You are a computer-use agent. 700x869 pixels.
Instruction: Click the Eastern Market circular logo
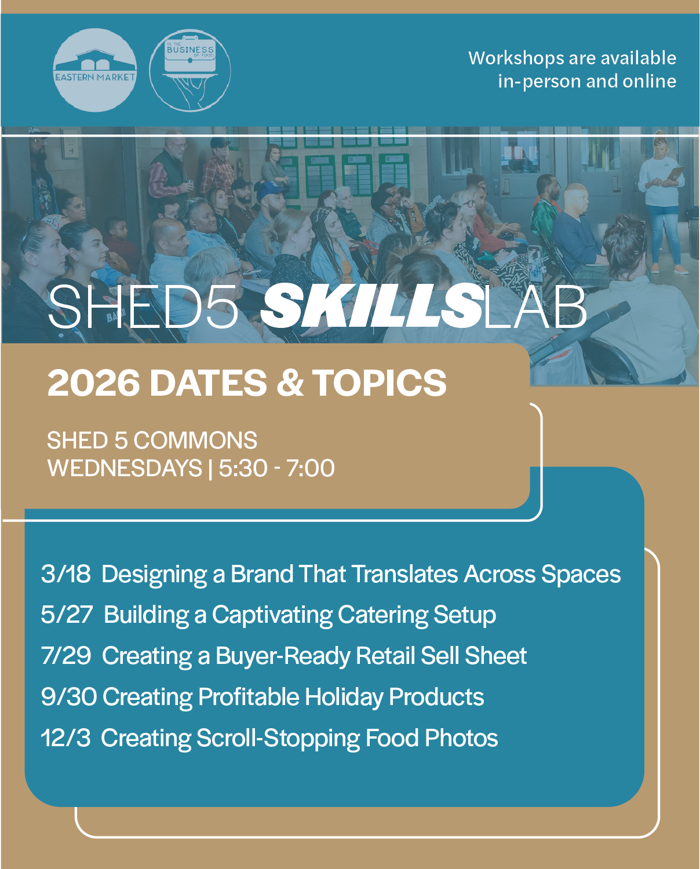pyautogui.click(x=95, y=70)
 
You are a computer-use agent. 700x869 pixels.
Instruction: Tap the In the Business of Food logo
pyautogui.click(x=190, y=70)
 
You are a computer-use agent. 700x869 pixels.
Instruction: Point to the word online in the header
pyautogui.click(x=650, y=82)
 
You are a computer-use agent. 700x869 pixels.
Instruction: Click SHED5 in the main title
pyautogui.click(x=143, y=306)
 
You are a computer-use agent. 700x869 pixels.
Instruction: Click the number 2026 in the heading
pyautogui.click(x=94, y=383)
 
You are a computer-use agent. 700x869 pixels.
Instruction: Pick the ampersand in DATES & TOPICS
pyautogui.click(x=290, y=383)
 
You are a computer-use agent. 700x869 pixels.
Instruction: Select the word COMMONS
pyautogui.click(x=195, y=440)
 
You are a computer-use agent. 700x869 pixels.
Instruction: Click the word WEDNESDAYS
pyautogui.click(x=125, y=469)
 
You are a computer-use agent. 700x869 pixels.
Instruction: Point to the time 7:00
pyautogui.click(x=310, y=469)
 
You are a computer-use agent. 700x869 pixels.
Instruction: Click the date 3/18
pyautogui.click(x=66, y=574)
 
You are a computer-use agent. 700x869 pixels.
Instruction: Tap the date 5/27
pyautogui.click(x=67, y=615)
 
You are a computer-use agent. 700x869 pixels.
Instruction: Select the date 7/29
pyautogui.click(x=66, y=655)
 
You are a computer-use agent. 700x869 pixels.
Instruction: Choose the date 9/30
pyautogui.click(x=69, y=696)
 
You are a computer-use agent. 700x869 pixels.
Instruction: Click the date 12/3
pyautogui.click(x=66, y=737)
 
